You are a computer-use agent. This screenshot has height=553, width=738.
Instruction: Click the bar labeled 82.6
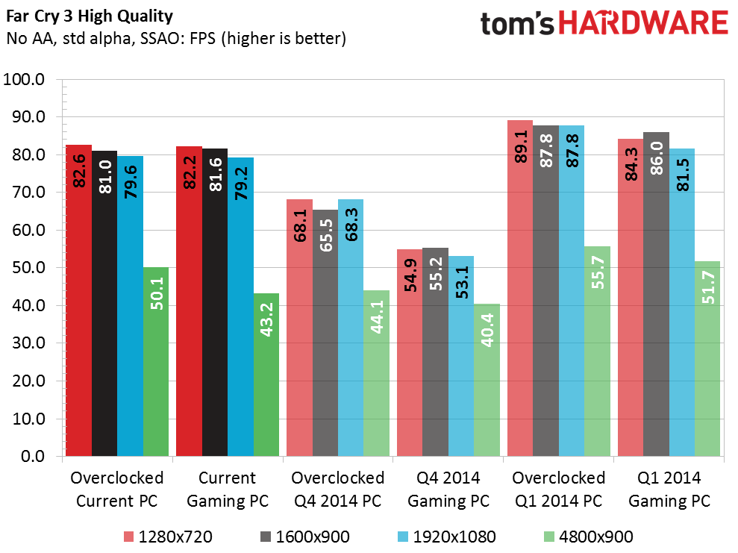(78, 300)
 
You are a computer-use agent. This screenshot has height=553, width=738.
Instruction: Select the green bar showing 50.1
(156, 361)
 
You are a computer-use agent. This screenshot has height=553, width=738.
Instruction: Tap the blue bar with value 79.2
(240, 307)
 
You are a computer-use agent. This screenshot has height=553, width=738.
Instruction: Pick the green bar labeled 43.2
(266, 375)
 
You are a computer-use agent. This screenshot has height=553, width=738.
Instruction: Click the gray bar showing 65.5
(325, 333)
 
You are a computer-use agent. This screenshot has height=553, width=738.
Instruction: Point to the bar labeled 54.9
(410, 352)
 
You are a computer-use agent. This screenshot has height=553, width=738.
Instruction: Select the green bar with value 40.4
(487, 380)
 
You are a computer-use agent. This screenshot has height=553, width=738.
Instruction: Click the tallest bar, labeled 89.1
(520, 288)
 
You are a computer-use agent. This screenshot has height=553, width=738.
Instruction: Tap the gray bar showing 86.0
(656, 294)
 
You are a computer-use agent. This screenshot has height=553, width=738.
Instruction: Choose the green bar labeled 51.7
(707, 359)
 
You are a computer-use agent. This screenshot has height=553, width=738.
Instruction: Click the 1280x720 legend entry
(168, 537)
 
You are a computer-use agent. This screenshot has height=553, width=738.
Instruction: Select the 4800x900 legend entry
(588, 537)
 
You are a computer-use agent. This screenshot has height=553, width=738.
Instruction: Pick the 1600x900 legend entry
(305, 537)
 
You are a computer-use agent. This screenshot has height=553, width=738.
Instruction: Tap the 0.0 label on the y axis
(33, 456)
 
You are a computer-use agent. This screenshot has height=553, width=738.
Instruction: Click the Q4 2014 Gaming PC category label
(448, 490)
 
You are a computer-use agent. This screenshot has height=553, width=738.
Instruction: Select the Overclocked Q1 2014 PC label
(559, 490)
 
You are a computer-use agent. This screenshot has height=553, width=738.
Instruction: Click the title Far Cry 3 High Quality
(90, 16)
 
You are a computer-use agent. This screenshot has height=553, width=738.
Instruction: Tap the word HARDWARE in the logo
(643, 24)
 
